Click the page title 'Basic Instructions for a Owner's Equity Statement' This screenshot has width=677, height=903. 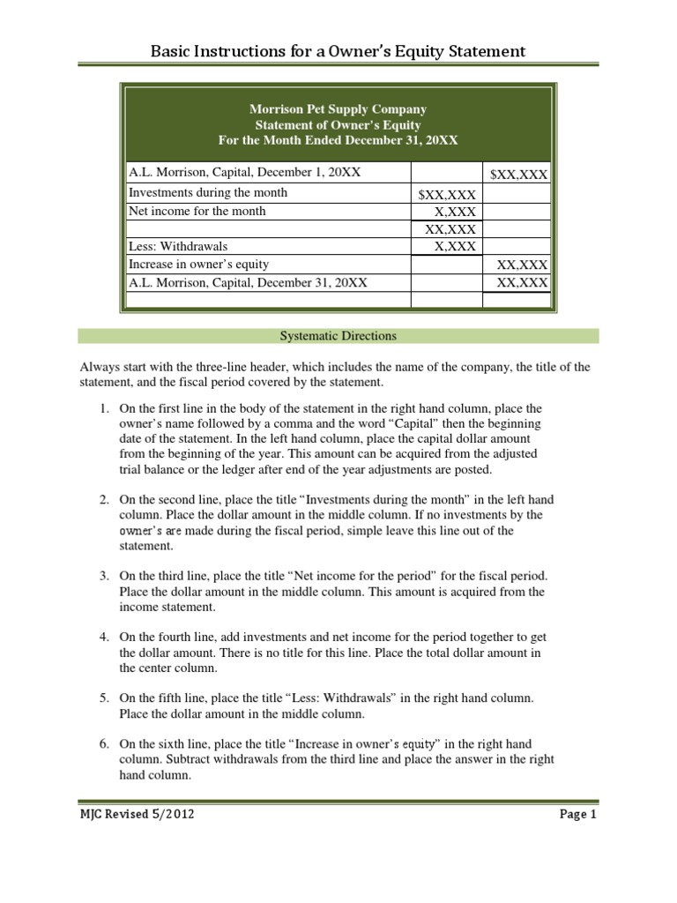tap(338, 51)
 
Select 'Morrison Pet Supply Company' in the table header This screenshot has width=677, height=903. tap(338, 109)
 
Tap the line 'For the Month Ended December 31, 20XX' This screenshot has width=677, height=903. tap(338, 140)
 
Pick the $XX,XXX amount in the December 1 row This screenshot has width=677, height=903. tap(519, 175)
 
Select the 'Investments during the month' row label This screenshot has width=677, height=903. tap(208, 192)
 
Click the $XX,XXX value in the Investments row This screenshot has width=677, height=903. tap(447, 194)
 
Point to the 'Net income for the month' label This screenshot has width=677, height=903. tap(197, 211)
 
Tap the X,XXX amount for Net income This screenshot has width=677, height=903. tap(455, 212)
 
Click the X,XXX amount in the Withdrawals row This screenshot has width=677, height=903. tap(455, 247)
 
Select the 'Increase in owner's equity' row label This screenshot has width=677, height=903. tap(198, 265)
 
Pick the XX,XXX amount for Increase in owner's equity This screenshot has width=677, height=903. tap(522, 265)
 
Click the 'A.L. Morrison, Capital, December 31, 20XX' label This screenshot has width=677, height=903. tap(248, 282)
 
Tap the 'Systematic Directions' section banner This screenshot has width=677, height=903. tap(338, 336)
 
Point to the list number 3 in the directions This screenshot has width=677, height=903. tap(102, 576)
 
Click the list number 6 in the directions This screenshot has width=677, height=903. tap(102, 744)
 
